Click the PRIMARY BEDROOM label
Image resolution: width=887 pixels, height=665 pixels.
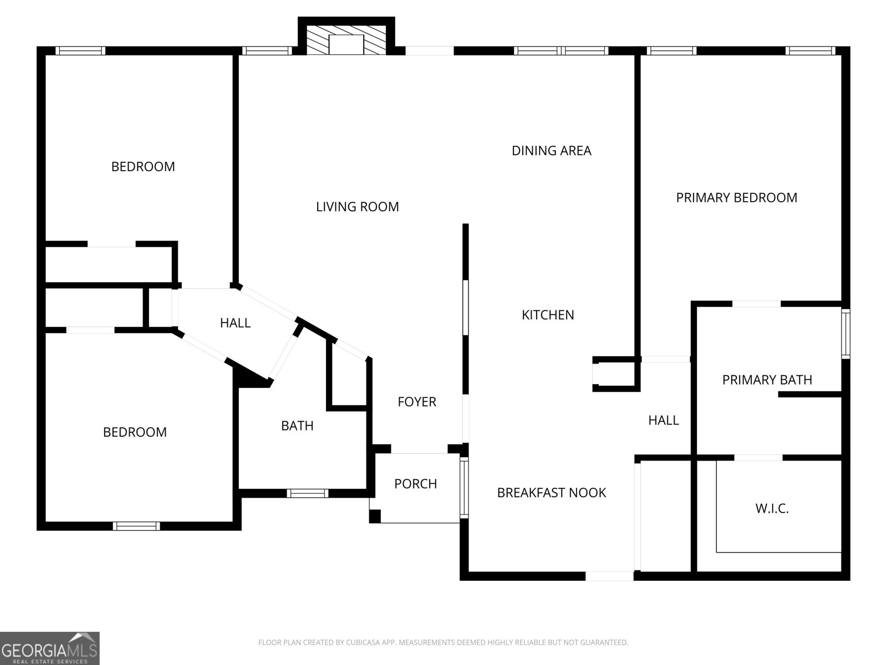[x=736, y=198]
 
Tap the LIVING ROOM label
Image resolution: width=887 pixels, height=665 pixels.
[x=357, y=207]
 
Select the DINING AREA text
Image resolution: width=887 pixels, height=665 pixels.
[x=551, y=151]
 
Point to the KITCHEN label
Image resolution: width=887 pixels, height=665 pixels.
[x=548, y=315]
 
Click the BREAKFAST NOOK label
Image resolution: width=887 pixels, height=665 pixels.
[x=551, y=493]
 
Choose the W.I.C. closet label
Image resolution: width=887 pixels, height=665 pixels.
[x=772, y=508]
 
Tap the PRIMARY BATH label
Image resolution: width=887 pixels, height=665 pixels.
[x=767, y=380]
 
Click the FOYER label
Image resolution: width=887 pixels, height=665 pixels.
[x=417, y=402]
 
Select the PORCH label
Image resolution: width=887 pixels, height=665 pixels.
[x=415, y=484]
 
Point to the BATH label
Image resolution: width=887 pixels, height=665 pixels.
[x=297, y=426]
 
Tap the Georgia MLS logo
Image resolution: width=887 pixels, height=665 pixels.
[x=50, y=648]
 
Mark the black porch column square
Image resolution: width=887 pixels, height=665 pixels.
[x=375, y=516]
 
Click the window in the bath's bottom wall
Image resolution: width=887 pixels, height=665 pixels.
[x=308, y=493]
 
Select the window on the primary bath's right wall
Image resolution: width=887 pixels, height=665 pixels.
[x=846, y=334]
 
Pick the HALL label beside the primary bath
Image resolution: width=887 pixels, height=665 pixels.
[x=663, y=420]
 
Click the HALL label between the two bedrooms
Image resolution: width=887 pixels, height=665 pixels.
[x=235, y=323]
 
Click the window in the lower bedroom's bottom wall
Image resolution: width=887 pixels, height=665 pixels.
[x=136, y=526]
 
